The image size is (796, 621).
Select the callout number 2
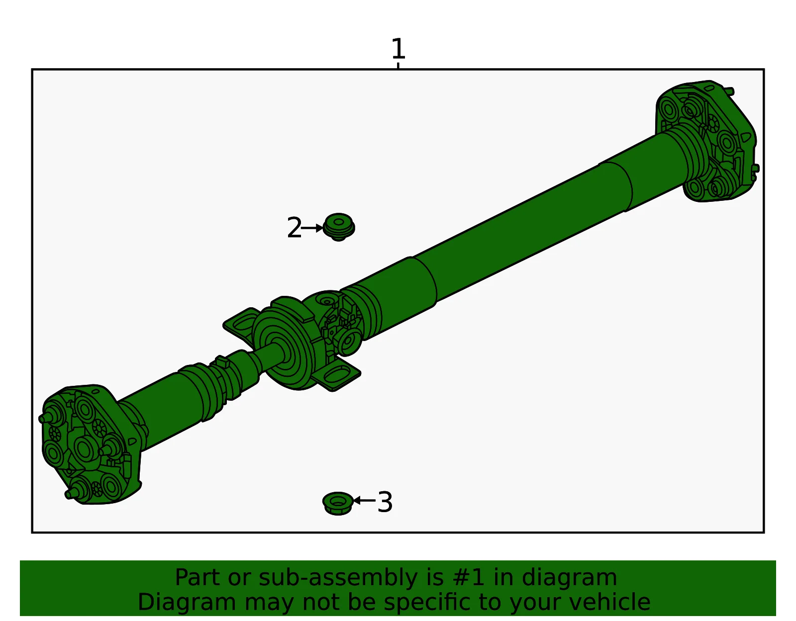click(294, 228)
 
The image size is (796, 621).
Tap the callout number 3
click(385, 502)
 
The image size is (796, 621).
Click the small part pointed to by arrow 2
click(339, 227)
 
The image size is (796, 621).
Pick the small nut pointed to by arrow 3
click(338, 504)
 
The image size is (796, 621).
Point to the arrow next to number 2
click(312, 228)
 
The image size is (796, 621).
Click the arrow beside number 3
click(365, 500)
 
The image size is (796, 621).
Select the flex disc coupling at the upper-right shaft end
click(707, 141)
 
